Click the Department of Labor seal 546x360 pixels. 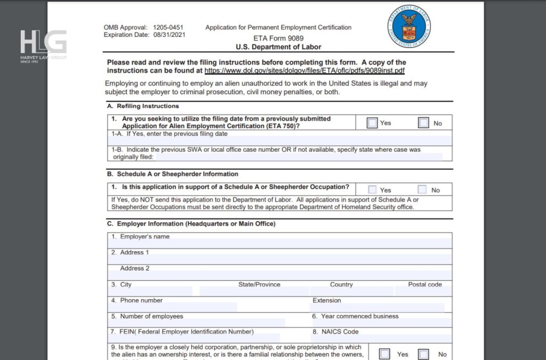[x=409, y=26]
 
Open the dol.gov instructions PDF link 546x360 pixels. [x=304, y=70]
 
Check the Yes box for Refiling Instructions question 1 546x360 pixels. [x=372, y=123]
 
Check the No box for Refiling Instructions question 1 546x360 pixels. [x=423, y=123]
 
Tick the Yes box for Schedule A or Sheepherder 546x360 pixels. [x=372, y=190]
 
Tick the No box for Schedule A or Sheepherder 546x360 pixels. [x=422, y=190]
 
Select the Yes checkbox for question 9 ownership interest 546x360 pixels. [x=384, y=354]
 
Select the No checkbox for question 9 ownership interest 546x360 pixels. [x=424, y=354]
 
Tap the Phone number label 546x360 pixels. [x=141, y=300]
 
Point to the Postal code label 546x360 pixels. [x=425, y=285]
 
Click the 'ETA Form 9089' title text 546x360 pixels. [x=278, y=38]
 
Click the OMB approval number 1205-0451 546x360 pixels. [x=168, y=27]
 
